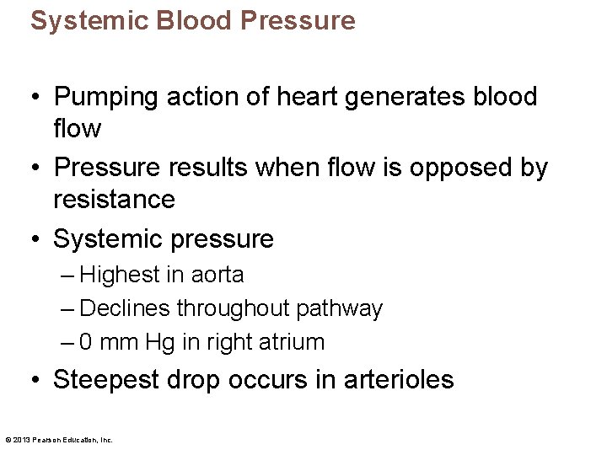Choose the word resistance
point(114,200)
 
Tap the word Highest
point(120,276)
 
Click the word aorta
point(218,276)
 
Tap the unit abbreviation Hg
point(158,343)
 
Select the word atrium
point(294,343)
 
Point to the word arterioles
point(400,380)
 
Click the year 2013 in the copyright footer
point(22,439)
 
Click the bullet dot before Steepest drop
point(37,380)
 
